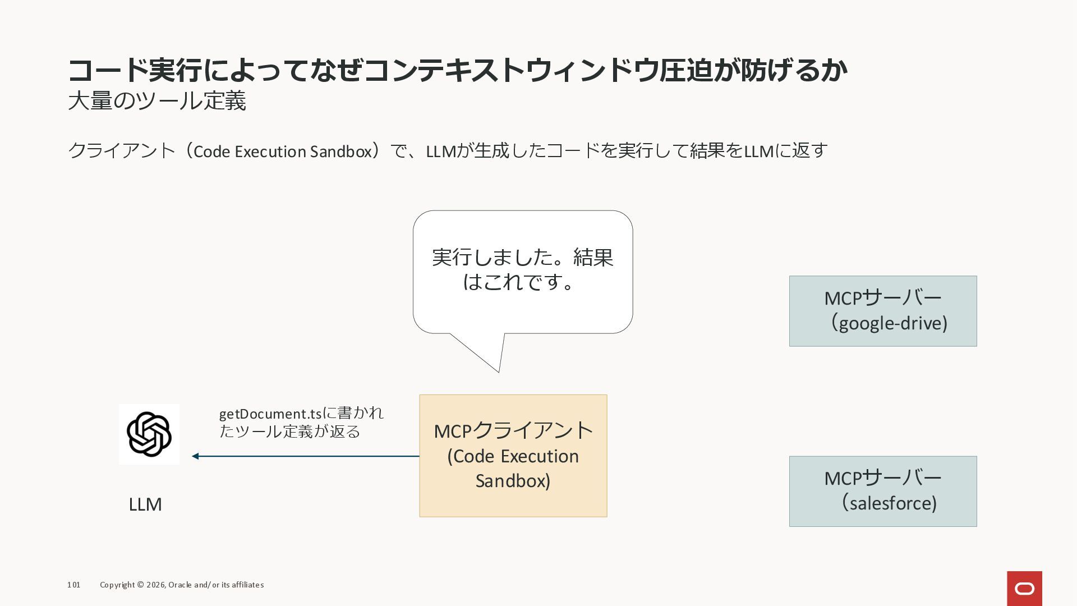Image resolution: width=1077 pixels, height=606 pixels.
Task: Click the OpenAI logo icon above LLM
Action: [149, 434]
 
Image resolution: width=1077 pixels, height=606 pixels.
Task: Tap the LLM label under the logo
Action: [145, 504]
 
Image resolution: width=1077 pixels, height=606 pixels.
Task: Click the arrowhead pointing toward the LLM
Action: [195, 456]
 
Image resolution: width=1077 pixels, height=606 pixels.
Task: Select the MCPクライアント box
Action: [513, 456]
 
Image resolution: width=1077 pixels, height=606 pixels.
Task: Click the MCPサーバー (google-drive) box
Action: [883, 311]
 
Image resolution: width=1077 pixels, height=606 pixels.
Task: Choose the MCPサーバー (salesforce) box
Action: [883, 491]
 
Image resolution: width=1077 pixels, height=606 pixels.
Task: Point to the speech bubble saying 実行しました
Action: [523, 272]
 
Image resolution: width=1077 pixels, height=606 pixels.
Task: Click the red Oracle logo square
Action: [1024, 589]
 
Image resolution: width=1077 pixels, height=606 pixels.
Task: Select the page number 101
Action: [73, 585]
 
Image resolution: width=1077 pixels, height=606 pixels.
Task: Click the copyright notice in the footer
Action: [182, 585]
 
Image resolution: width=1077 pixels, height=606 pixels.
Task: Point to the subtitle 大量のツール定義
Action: [157, 101]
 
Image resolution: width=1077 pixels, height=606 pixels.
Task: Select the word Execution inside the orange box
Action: [542, 456]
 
